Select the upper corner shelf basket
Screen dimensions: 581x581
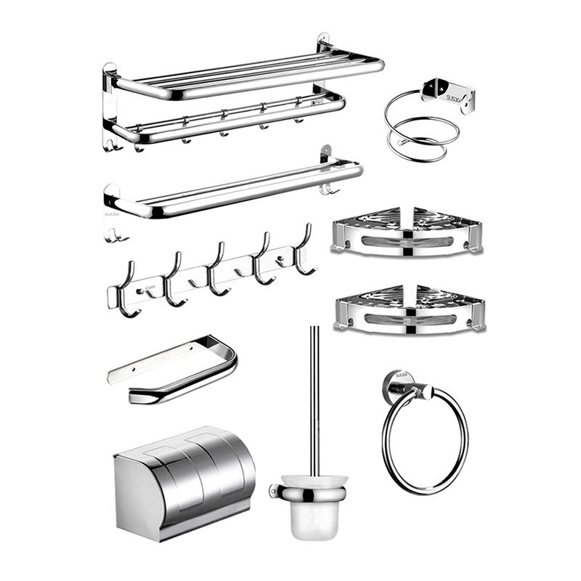click(x=407, y=231)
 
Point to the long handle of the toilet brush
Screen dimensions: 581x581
click(x=314, y=399)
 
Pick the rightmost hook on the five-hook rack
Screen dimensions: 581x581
click(x=305, y=251)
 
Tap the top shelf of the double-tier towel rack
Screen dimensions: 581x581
click(x=247, y=73)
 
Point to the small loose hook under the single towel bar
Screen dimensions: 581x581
click(x=113, y=234)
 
